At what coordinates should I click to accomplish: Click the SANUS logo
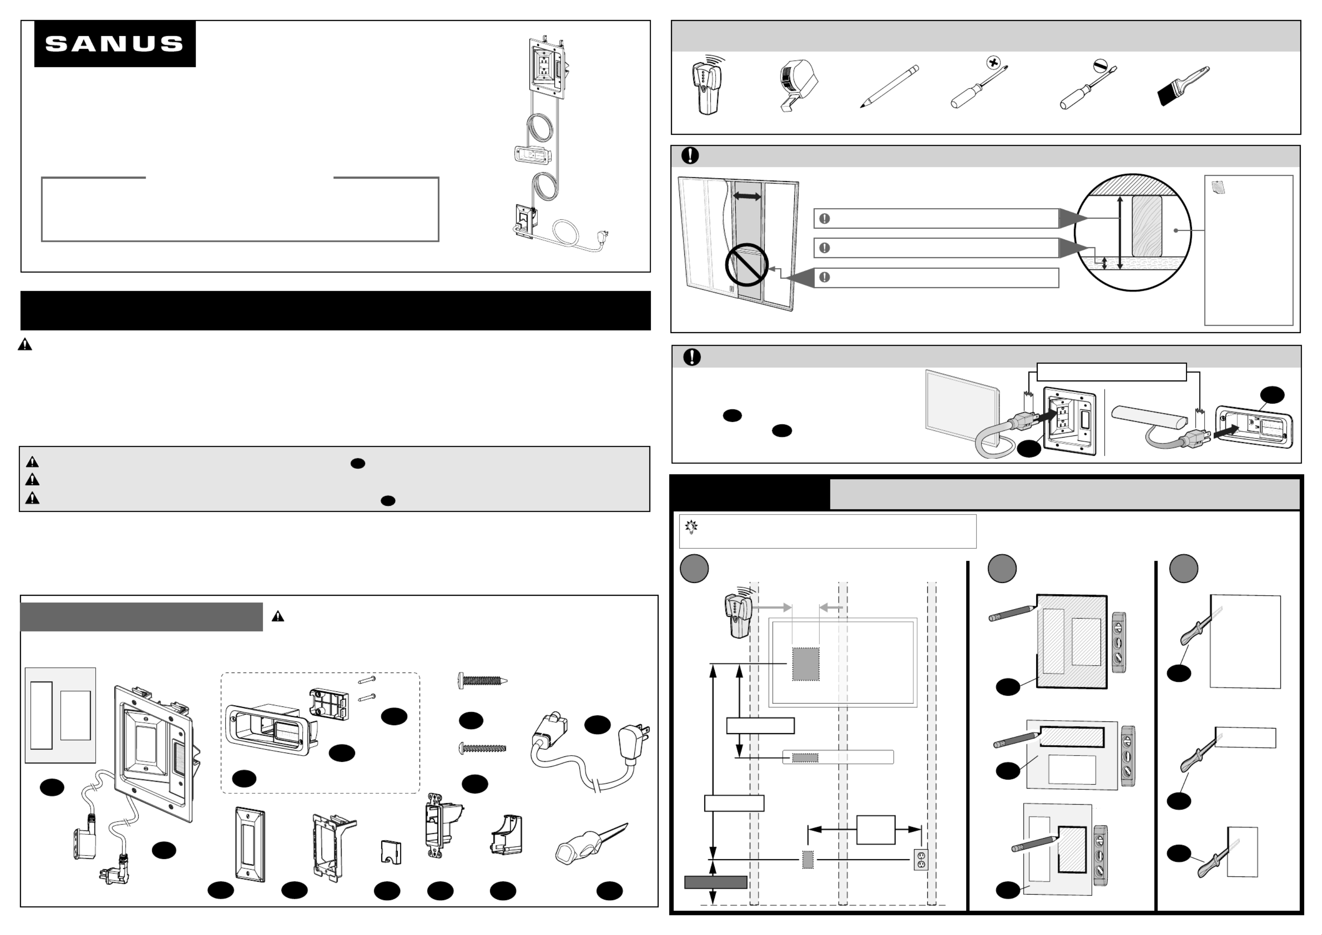coord(114,44)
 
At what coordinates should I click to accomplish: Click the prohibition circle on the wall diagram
coord(747,265)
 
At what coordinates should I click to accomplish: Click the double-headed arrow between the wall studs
coord(747,197)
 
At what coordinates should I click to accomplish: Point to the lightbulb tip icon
coord(691,527)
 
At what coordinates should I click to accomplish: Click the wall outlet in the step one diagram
coord(921,860)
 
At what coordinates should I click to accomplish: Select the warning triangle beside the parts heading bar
coord(278,617)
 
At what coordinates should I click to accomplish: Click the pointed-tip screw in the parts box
coord(482,681)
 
